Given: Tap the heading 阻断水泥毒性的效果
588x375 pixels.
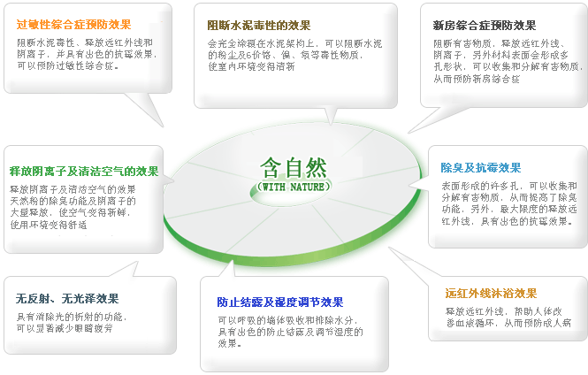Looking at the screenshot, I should [258, 25].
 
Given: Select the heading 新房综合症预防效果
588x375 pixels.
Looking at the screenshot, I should [485, 25].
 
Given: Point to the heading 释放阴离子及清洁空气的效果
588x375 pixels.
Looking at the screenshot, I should [84, 171].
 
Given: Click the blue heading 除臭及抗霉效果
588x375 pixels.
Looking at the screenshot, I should [481, 167].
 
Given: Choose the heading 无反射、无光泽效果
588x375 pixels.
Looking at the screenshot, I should [67, 298].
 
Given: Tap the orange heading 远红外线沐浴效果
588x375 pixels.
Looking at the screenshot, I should [491, 293].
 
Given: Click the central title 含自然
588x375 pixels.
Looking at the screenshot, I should [294, 166].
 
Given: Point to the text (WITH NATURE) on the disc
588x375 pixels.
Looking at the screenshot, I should [294, 187].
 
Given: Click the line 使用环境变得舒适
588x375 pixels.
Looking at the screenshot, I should [48, 225].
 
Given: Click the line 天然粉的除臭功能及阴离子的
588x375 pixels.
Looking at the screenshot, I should [73, 201].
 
